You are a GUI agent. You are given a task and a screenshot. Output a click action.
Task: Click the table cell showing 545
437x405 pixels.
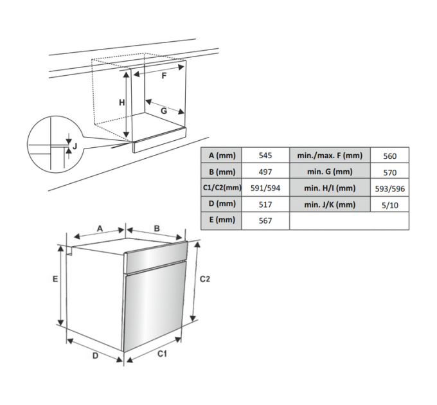point(265,156)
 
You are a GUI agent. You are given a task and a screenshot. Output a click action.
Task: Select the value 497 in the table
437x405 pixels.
point(265,172)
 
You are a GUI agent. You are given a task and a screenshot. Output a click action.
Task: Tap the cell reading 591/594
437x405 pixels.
point(265,188)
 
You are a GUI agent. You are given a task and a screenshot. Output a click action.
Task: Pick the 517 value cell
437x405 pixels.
point(265,204)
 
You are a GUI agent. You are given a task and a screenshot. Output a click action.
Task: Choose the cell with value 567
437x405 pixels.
point(265,221)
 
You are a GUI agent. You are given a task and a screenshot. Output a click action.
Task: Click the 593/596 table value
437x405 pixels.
point(389,189)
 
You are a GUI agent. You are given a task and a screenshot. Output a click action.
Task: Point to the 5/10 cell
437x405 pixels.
point(389,206)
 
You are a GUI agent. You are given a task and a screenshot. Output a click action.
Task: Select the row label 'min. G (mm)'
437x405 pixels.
point(330,172)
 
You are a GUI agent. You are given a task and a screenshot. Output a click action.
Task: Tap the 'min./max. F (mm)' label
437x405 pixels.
point(330,156)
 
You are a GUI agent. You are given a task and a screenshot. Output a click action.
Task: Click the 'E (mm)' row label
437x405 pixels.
point(222,220)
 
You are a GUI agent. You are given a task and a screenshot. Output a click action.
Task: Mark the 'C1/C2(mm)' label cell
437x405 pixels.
point(222,188)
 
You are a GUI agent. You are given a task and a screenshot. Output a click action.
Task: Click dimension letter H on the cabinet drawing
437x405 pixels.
point(122,103)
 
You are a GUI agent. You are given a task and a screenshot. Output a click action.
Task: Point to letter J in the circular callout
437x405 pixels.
point(75,146)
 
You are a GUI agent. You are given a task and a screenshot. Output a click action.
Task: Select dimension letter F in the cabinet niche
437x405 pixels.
point(164,76)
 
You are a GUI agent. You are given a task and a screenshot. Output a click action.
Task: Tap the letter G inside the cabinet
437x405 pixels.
point(164,111)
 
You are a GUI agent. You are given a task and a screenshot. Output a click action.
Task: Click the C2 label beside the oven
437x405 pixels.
point(205,279)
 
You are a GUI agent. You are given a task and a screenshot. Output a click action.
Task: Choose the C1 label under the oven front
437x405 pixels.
point(162,354)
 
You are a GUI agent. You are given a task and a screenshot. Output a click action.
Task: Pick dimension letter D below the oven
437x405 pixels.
point(95,355)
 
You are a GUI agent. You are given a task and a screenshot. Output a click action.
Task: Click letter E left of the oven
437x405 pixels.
point(55,279)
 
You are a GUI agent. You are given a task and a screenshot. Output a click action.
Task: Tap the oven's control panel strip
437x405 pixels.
point(156,257)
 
